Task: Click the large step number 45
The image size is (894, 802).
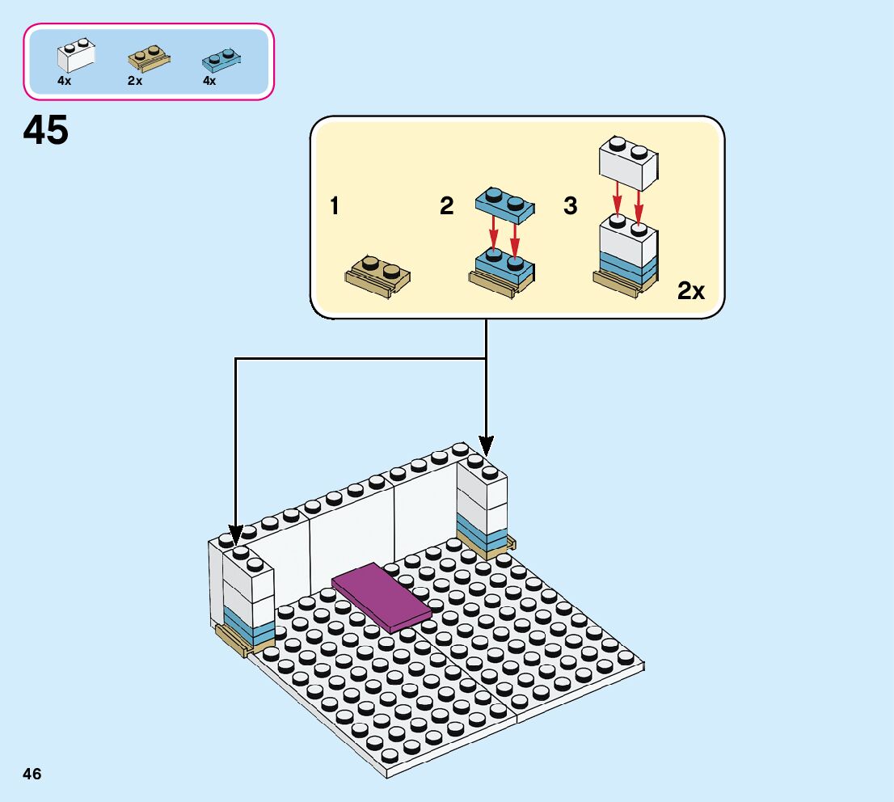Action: (46, 130)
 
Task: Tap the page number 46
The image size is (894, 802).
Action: (32, 774)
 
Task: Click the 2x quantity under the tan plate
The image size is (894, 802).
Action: (134, 81)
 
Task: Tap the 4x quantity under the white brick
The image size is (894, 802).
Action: (64, 81)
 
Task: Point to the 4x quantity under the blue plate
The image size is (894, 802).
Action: (209, 81)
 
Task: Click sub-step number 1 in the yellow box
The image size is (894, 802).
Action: (335, 207)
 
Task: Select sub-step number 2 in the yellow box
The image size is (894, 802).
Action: (447, 207)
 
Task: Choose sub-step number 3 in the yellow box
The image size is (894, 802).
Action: (571, 207)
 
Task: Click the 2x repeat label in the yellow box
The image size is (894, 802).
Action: (691, 291)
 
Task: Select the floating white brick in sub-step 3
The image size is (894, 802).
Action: (628, 159)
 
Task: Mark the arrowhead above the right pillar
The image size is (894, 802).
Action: (486, 443)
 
